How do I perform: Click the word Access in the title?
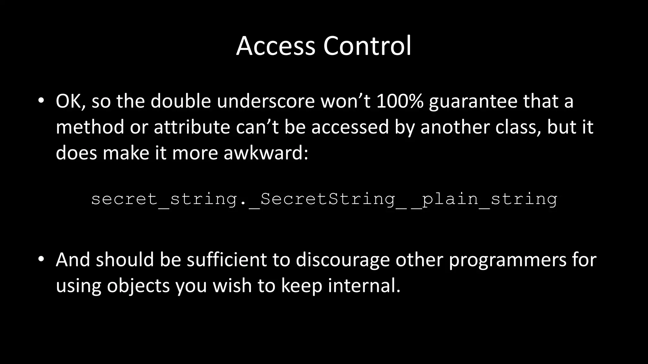coord(275,46)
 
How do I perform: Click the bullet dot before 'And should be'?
coord(41,259)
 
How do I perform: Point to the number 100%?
coord(400,101)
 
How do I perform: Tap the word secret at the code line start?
coord(124,199)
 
